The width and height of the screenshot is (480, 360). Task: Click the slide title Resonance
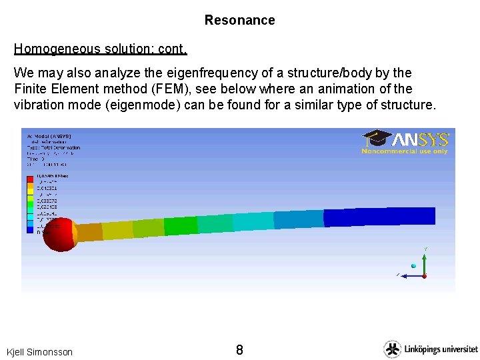pos(239,20)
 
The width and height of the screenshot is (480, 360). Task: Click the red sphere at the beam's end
pos(60,234)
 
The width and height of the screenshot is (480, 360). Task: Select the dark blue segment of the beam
pos(379,216)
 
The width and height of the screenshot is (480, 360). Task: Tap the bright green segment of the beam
pos(180,225)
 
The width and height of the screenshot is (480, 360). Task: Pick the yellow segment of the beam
pos(117,229)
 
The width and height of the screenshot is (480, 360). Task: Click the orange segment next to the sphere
pos(90,231)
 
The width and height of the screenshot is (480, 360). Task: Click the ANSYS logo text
pos(420,139)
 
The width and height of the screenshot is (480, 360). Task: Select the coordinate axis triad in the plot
pos(418,266)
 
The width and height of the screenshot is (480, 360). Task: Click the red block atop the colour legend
pos(29,179)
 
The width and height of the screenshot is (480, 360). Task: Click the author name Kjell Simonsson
pos(39,351)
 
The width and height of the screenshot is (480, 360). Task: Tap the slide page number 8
pos(239,350)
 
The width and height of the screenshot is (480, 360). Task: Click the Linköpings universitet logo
pos(431,349)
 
